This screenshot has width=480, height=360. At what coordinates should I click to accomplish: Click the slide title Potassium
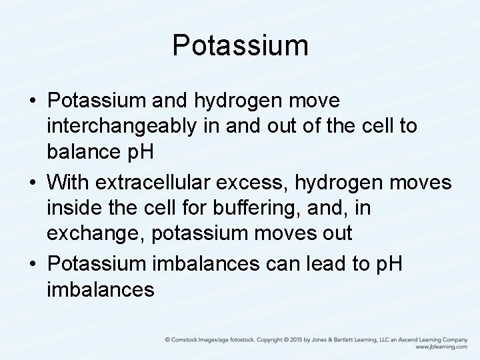click(x=240, y=46)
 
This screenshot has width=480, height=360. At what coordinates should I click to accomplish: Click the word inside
click(x=73, y=208)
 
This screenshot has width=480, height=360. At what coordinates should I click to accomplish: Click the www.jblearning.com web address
click(x=441, y=347)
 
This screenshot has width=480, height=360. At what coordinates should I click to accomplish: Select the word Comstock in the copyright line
click(x=187, y=339)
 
